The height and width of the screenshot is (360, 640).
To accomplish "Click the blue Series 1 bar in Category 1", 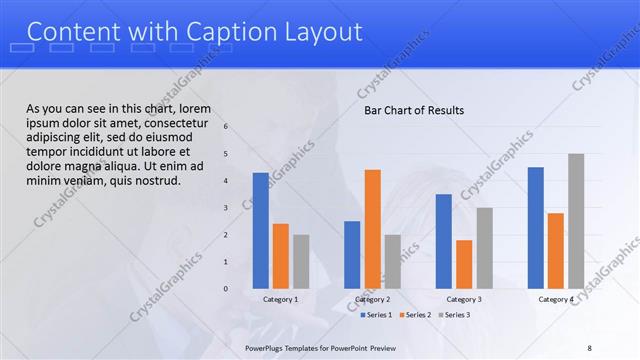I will (x=260, y=230).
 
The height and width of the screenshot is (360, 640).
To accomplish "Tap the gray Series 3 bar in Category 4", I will (x=576, y=221).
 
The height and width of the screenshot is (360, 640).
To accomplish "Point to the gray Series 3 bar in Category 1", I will (x=301, y=261).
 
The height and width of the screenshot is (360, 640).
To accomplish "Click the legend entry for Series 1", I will (x=376, y=315).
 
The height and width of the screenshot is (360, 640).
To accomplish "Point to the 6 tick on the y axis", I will (x=226, y=126).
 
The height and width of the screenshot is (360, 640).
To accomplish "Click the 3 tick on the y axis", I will (x=226, y=208).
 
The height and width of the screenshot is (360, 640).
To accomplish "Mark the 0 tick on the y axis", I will (x=226, y=289).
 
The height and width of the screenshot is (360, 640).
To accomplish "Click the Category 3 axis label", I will (x=464, y=299).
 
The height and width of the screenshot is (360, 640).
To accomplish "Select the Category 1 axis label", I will (x=280, y=299).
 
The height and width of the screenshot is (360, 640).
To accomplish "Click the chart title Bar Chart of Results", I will (x=414, y=110).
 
